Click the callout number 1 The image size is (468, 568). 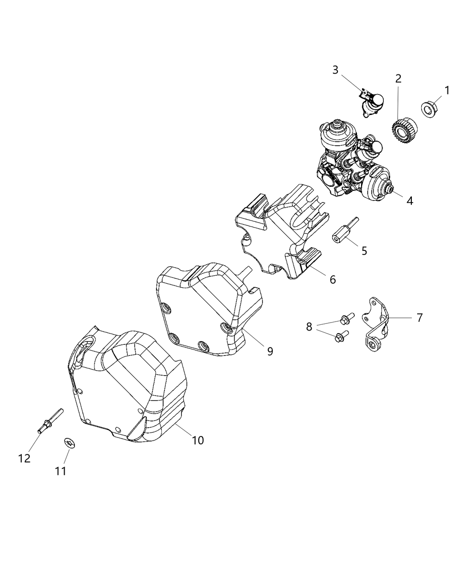[x=447, y=90]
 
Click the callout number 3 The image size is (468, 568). [x=335, y=70]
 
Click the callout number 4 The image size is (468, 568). [x=410, y=201]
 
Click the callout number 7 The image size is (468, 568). [x=419, y=318]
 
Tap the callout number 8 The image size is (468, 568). [x=321, y=327]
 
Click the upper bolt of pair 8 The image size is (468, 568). [x=346, y=319]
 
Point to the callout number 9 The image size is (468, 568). [x=270, y=351]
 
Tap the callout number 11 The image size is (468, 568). [x=61, y=470]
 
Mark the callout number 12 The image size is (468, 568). [x=25, y=458]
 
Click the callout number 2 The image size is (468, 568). [x=398, y=79]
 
